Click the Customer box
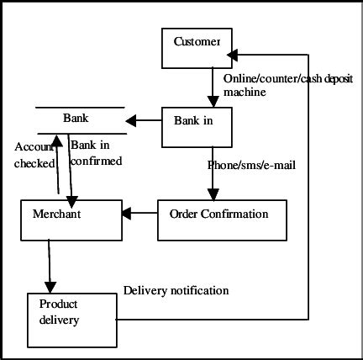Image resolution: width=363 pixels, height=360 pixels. pyautogui.click(x=196, y=47)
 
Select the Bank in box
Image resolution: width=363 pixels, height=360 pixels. pyautogui.click(x=196, y=126)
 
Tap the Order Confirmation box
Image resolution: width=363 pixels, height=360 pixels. pyautogui.click(x=222, y=220)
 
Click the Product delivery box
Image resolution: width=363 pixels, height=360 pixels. pyautogui.click(x=71, y=320)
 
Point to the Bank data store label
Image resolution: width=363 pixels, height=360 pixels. pyautogui.click(x=76, y=119)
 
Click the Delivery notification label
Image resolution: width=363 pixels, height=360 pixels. pyautogui.click(x=176, y=290)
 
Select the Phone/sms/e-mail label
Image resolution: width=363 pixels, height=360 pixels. pyautogui.click(x=251, y=165)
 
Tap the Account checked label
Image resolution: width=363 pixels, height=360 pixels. pyautogui.click(x=34, y=155)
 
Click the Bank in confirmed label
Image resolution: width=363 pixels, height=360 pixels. pyautogui.click(x=96, y=153)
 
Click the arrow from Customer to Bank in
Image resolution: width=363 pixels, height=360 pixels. pyautogui.click(x=213, y=87)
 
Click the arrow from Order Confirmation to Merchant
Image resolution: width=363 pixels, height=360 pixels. pyautogui.click(x=140, y=214)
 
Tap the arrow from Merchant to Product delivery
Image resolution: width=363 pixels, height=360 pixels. pyautogui.click(x=50, y=265)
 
